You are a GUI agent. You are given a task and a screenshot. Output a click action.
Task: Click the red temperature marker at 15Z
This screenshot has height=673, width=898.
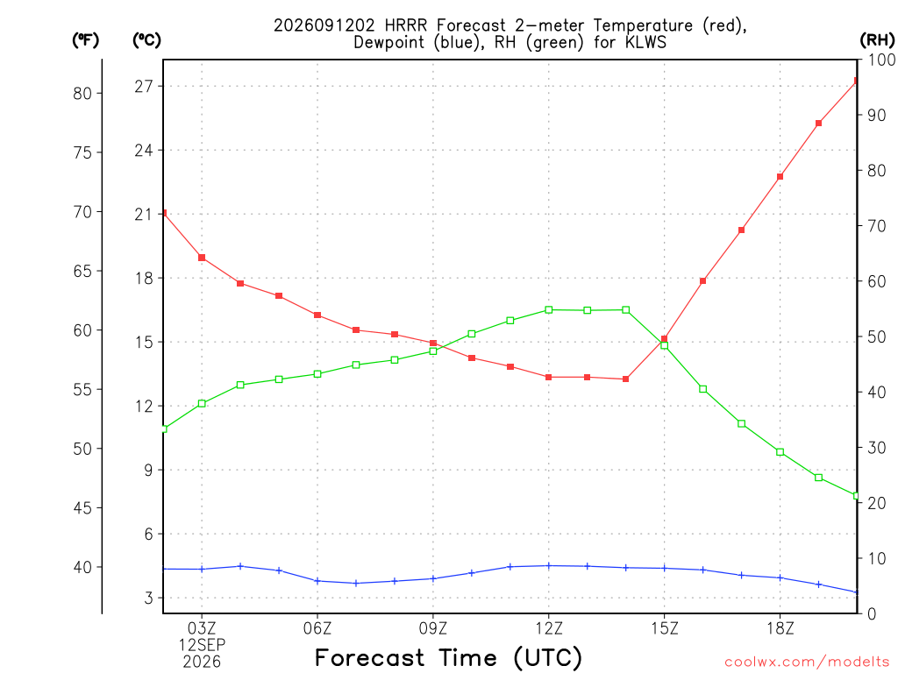(665, 339)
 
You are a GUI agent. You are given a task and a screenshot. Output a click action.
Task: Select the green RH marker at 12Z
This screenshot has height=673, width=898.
(549, 309)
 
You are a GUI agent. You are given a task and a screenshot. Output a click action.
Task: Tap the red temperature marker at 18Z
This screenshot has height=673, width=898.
(780, 177)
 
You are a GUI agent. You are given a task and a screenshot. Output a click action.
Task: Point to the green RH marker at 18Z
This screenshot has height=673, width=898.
(780, 452)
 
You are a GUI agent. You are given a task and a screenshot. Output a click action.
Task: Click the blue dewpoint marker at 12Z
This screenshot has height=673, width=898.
(549, 566)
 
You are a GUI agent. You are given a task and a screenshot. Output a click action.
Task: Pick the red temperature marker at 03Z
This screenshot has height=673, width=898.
(202, 258)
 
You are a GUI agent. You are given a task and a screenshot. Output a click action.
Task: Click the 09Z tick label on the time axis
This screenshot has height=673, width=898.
(433, 629)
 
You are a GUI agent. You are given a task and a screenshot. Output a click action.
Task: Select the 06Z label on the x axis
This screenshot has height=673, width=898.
(317, 629)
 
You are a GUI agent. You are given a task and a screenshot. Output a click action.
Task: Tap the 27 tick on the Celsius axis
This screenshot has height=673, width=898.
(144, 87)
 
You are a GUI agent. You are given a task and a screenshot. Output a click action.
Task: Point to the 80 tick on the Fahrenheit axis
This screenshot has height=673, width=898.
(82, 93)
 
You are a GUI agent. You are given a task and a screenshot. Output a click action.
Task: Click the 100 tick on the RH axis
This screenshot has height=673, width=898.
(882, 60)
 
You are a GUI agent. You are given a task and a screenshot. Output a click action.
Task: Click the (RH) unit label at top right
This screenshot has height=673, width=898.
(877, 39)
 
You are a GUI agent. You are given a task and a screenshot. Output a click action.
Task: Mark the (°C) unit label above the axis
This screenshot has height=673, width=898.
(146, 39)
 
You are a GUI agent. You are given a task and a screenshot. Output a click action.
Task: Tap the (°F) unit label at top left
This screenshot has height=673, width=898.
(85, 39)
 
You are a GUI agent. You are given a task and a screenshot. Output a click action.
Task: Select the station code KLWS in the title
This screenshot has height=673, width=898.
(645, 42)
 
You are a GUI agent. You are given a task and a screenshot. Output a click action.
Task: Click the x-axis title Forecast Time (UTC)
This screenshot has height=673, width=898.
(448, 657)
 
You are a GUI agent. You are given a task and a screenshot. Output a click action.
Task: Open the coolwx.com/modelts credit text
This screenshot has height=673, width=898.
(807, 662)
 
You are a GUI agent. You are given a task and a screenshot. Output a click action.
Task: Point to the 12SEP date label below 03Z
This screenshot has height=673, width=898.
(202, 645)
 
